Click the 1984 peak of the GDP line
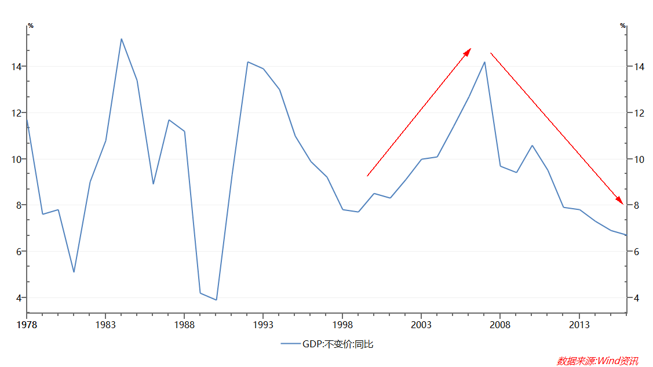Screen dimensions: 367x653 121,39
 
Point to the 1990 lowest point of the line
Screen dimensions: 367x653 216,300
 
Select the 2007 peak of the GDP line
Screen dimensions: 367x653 484,62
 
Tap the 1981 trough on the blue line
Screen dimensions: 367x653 74,272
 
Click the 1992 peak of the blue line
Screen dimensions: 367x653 247,62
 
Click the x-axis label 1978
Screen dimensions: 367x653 27,325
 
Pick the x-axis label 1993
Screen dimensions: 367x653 263,325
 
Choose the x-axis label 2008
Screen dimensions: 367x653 500,325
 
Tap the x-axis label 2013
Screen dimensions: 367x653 579,325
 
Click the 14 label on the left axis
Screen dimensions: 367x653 16,67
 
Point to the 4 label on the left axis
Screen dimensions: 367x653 18,298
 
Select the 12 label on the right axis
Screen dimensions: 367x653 639,113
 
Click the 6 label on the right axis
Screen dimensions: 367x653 636,252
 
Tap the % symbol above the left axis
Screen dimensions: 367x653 31,26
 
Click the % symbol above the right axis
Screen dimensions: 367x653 623,26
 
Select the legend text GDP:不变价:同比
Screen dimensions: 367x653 338,344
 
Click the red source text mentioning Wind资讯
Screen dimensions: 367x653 597,361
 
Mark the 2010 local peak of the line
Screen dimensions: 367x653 532,146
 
